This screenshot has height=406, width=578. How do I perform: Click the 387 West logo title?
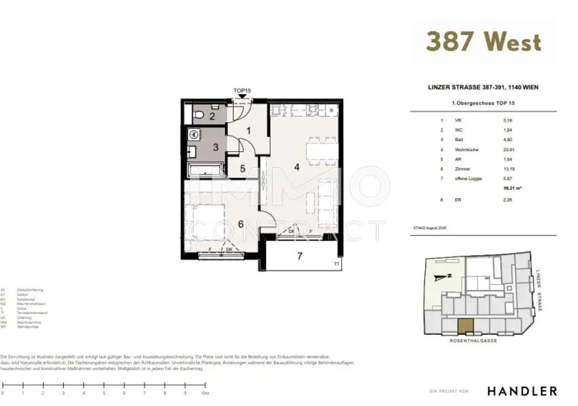483,42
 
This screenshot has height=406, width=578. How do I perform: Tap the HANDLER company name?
522,391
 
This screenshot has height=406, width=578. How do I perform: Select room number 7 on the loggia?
300,256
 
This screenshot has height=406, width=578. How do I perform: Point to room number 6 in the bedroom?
240,224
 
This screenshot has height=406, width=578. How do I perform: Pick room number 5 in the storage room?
242,169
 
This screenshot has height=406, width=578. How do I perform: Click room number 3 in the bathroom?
216,147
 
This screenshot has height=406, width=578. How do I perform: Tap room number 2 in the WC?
212,117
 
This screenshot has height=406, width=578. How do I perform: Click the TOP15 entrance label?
242,90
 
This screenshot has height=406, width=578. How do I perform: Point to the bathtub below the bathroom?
205,171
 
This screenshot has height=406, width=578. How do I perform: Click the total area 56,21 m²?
512,188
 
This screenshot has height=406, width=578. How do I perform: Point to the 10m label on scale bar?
205,392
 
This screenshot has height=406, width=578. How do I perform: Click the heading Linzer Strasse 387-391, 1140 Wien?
483,88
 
